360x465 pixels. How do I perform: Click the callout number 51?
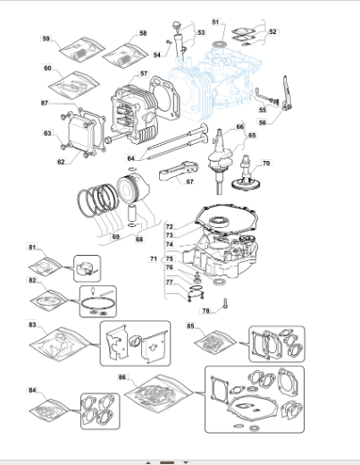tap(215, 22)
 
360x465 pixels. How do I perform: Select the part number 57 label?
tap(144, 73)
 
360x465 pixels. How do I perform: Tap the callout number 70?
tap(266, 163)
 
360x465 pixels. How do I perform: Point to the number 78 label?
tap(205, 311)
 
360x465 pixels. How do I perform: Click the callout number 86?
tap(122, 377)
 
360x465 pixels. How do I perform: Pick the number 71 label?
tap(154, 258)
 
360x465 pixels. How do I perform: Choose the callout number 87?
tap(45, 103)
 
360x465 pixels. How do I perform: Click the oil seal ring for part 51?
tap(220, 45)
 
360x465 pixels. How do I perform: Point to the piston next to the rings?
tap(133, 190)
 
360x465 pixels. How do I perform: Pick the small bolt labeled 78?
tap(225, 303)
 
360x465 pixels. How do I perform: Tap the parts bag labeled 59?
tap(82, 49)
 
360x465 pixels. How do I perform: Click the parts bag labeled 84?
tap(49, 410)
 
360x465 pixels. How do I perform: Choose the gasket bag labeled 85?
tap(215, 342)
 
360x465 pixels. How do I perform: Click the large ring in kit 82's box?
tap(97, 304)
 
